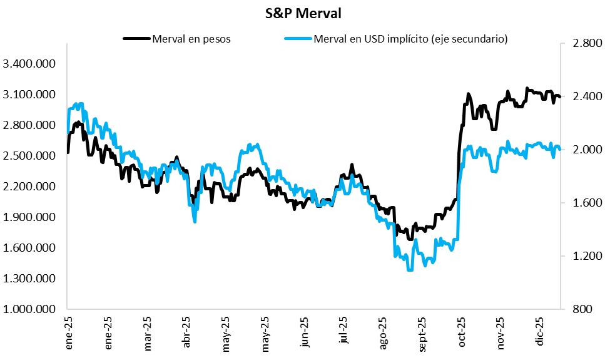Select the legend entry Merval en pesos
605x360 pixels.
pos(191,39)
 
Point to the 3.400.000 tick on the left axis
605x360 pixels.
pos(29,64)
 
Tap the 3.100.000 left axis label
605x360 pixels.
pos(29,95)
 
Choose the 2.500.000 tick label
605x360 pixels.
pos(29,156)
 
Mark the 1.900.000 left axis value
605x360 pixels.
pos(29,217)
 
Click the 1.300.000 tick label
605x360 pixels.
pos(29,279)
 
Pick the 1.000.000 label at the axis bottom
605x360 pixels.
pos(29,309)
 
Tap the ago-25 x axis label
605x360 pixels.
pos(383,335)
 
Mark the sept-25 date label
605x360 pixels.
pos(422,336)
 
